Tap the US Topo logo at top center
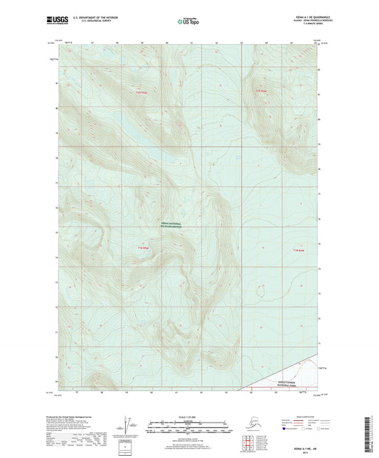click(x=189, y=23)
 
